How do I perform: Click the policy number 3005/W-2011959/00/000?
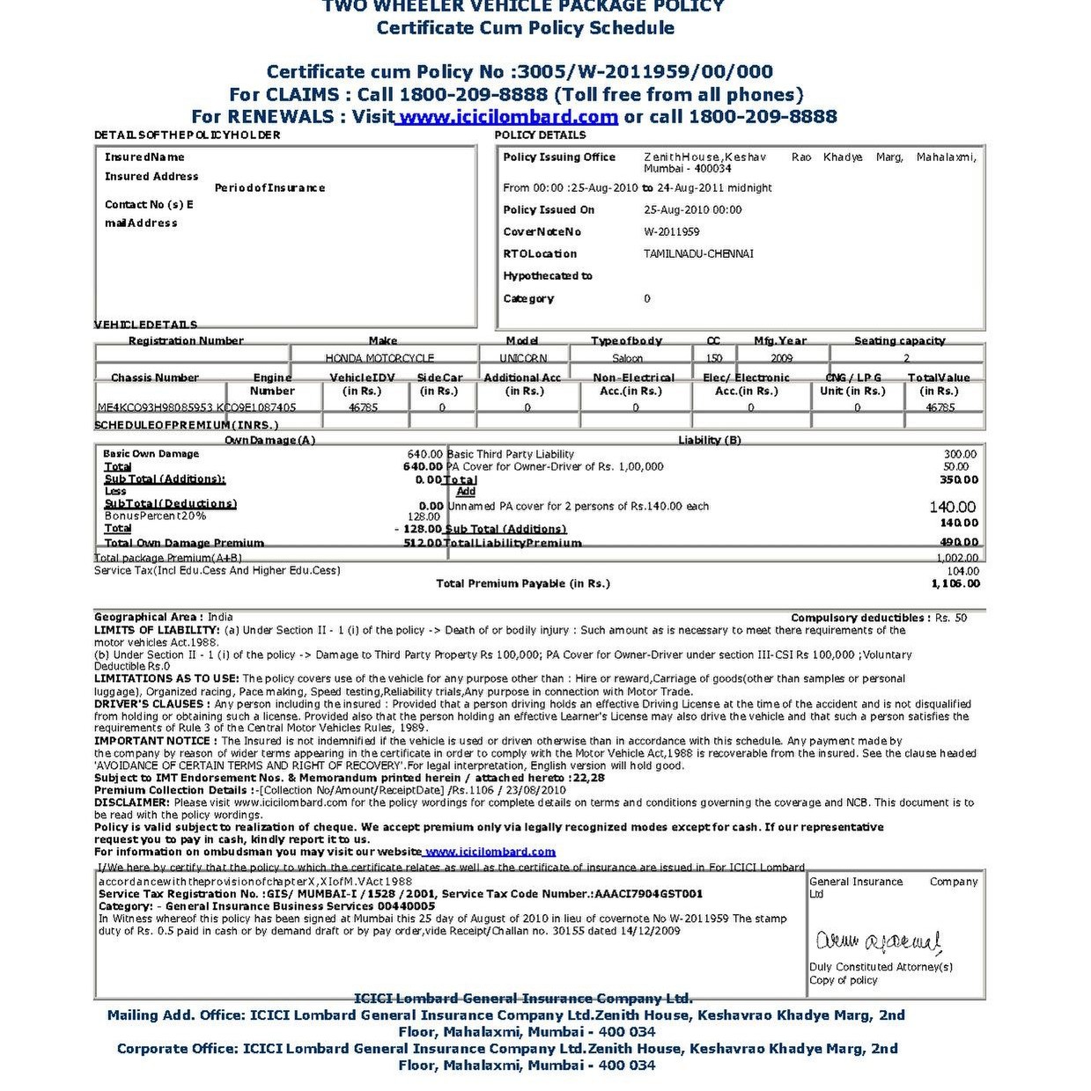click(646, 72)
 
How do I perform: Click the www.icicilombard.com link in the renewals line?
click(507, 117)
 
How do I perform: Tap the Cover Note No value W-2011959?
click(672, 232)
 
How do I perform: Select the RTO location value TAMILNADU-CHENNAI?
click(698, 254)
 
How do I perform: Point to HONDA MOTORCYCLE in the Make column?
click(380, 358)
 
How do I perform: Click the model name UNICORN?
click(523, 358)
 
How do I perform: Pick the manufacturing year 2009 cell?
click(781, 358)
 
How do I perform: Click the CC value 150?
click(714, 358)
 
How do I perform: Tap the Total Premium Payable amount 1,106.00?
click(955, 584)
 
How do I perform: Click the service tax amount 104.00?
click(962, 571)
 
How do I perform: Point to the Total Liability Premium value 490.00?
click(959, 543)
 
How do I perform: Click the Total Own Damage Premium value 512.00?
click(423, 543)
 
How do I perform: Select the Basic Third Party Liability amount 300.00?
click(960, 455)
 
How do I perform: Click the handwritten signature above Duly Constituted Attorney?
click(878, 942)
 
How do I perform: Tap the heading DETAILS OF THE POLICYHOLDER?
click(188, 135)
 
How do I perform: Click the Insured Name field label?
click(144, 157)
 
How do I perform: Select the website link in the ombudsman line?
click(490, 852)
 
